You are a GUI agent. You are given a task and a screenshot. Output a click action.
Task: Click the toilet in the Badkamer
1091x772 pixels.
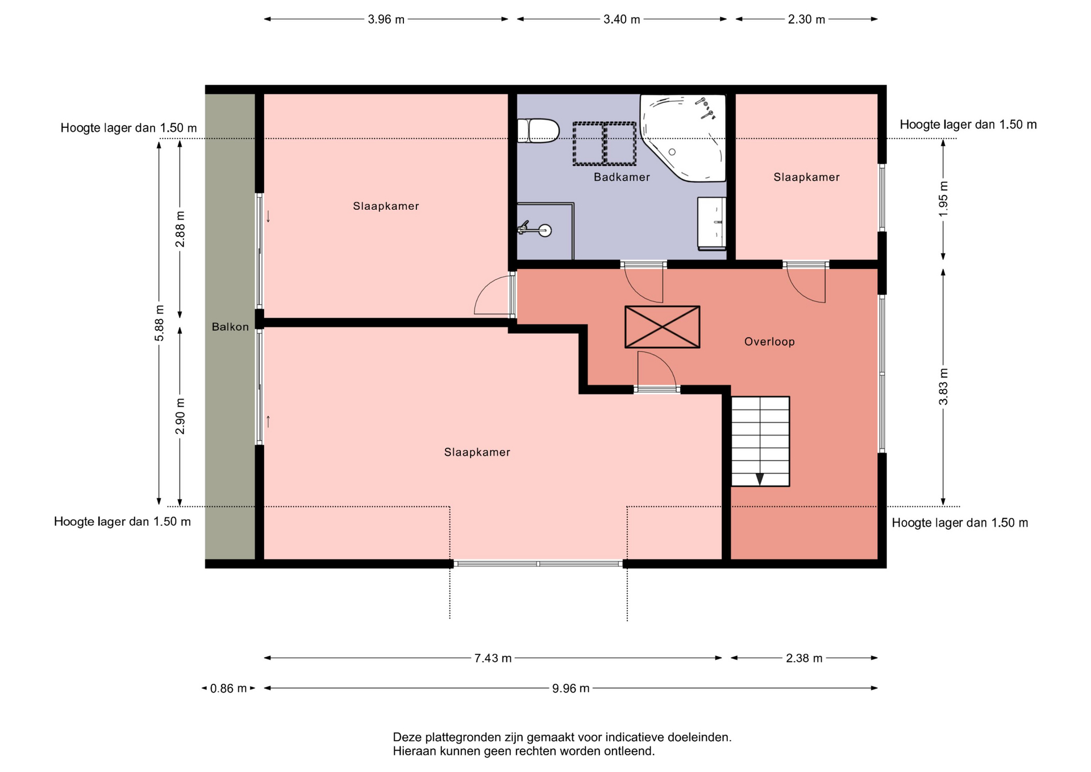[x=538, y=130]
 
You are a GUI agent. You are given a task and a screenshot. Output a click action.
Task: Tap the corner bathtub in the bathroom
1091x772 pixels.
[x=684, y=138]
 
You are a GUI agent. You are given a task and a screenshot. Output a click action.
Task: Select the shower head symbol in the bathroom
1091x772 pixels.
[x=535, y=230]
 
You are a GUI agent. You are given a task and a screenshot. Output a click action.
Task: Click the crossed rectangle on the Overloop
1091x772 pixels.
[x=662, y=327]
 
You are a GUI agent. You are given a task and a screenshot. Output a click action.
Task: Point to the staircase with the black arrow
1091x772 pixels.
[x=760, y=441]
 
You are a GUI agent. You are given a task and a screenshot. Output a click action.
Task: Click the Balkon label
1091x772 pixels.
[x=230, y=327]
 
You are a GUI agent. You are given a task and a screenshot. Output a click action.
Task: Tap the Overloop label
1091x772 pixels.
[x=769, y=342]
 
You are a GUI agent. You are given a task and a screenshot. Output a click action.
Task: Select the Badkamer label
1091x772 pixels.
[x=622, y=177]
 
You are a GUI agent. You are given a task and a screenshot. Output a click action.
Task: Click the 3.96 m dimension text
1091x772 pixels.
[x=386, y=19]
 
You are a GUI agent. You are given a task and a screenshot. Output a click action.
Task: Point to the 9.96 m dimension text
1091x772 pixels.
[x=571, y=688]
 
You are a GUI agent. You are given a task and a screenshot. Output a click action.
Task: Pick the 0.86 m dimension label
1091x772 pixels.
[x=228, y=688]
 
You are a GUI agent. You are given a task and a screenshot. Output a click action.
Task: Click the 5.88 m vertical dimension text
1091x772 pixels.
[x=159, y=323]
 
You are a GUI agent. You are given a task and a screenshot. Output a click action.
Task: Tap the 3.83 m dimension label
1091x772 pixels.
[x=943, y=387]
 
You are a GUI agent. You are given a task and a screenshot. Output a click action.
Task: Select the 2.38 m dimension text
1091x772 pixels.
[x=804, y=658]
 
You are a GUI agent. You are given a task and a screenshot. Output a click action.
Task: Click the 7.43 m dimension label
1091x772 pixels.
[x=493, y=658]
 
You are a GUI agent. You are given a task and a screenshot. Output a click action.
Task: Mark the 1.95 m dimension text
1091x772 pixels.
[x=943, y=199]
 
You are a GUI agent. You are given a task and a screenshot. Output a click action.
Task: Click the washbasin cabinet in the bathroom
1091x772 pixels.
[x=712, y=223]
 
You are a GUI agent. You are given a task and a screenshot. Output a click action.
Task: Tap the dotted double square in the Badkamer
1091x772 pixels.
[x=604, y=144]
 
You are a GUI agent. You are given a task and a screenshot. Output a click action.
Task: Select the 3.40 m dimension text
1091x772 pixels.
[x=622, y=19]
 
